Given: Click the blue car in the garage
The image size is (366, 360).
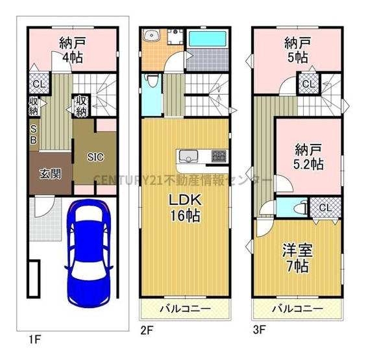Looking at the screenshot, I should pos(91,253).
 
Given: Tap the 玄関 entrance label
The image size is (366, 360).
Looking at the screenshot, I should pos(50,173).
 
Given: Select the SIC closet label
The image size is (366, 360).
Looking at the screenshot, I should pos(96,156).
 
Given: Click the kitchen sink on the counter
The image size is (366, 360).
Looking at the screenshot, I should pos(189,156).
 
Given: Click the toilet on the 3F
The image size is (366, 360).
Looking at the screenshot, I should pos(298,208).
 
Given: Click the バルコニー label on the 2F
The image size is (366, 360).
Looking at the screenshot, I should pos(185,307).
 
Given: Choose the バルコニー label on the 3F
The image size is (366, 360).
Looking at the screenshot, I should pos(297,307).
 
